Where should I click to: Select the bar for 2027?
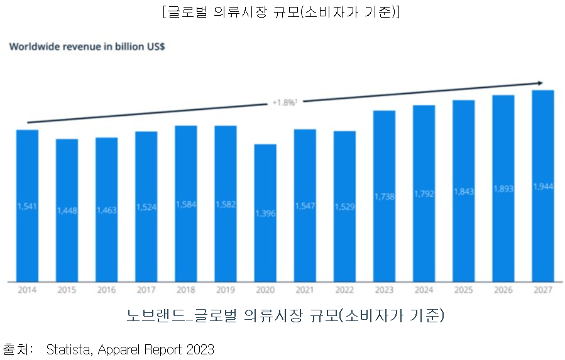click(542, 185)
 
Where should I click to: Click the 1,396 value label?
click(265, 214)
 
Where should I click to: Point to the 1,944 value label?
click(542, 186)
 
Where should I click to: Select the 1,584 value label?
click(186, 204)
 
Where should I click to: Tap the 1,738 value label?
click(384, 196)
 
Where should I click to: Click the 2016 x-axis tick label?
click(106, 290)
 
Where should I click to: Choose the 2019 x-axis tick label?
click(226, 290)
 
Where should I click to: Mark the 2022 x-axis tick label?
click(344, 290)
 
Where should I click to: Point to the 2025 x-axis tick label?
click(463, 290)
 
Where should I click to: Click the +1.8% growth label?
click(284, 102)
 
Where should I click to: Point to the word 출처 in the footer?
click(18, 349)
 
